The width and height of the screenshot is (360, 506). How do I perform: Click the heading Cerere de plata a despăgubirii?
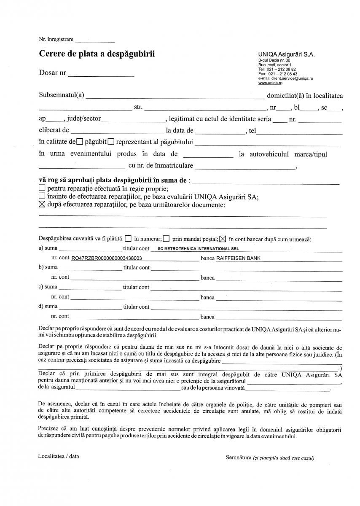97,54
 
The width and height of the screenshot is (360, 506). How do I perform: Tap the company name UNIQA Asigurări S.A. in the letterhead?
286,54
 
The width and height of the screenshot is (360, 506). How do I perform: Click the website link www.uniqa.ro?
270,83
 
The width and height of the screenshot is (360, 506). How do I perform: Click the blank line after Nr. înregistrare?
94,40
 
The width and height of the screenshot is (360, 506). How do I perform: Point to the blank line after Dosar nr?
101,75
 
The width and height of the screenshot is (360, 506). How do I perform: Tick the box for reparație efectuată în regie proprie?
42,188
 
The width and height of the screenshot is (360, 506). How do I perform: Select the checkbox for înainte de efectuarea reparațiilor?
42,196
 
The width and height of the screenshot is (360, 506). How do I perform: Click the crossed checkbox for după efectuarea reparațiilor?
42,205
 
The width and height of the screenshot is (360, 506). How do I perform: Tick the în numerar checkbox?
128,239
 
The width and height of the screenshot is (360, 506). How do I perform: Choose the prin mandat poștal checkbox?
167,239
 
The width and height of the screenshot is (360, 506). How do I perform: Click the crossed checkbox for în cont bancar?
223,239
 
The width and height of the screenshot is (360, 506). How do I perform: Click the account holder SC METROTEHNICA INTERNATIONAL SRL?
198,249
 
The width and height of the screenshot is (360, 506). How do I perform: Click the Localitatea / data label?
58,456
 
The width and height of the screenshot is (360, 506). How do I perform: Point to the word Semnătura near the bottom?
239,457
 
